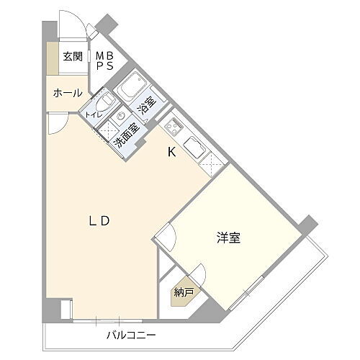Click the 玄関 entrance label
(72, 57)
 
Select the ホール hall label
(67, 93)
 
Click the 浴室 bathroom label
(146, 107)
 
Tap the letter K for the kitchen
(171, 152)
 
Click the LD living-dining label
(99, 221)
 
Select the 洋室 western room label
(228, 238)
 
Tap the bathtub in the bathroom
(132, 89)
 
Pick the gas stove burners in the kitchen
(174, 128)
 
